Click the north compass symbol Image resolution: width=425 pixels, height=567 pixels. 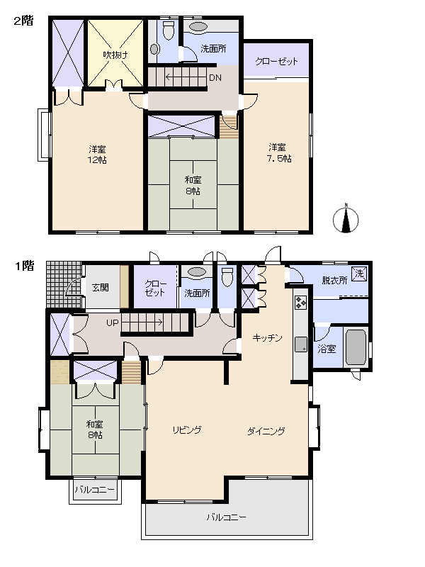click(x=346, y=220)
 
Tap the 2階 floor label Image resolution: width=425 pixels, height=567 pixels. click(x=23, y=21)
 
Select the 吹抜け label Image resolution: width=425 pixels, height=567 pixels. click(x=115, y=55)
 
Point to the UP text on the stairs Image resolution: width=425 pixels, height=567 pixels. click(x=112, y=323)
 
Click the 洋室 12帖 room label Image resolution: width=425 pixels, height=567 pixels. click(x=98, y=154)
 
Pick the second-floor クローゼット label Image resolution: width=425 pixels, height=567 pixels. click(x=276, y=62)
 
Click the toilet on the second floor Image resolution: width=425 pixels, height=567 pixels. click(x=168, y=30)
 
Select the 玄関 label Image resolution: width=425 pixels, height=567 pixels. click(x=101, y=287)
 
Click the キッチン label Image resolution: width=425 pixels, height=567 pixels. click(x=268, y=338)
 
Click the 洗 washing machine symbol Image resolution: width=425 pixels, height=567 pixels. click(x=359, y=274)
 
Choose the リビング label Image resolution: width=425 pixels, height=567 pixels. click(x=187, y=430)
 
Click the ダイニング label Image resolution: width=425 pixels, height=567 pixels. click(x=266, y=430)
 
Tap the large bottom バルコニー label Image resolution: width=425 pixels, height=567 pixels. click(x=227, y=517)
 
